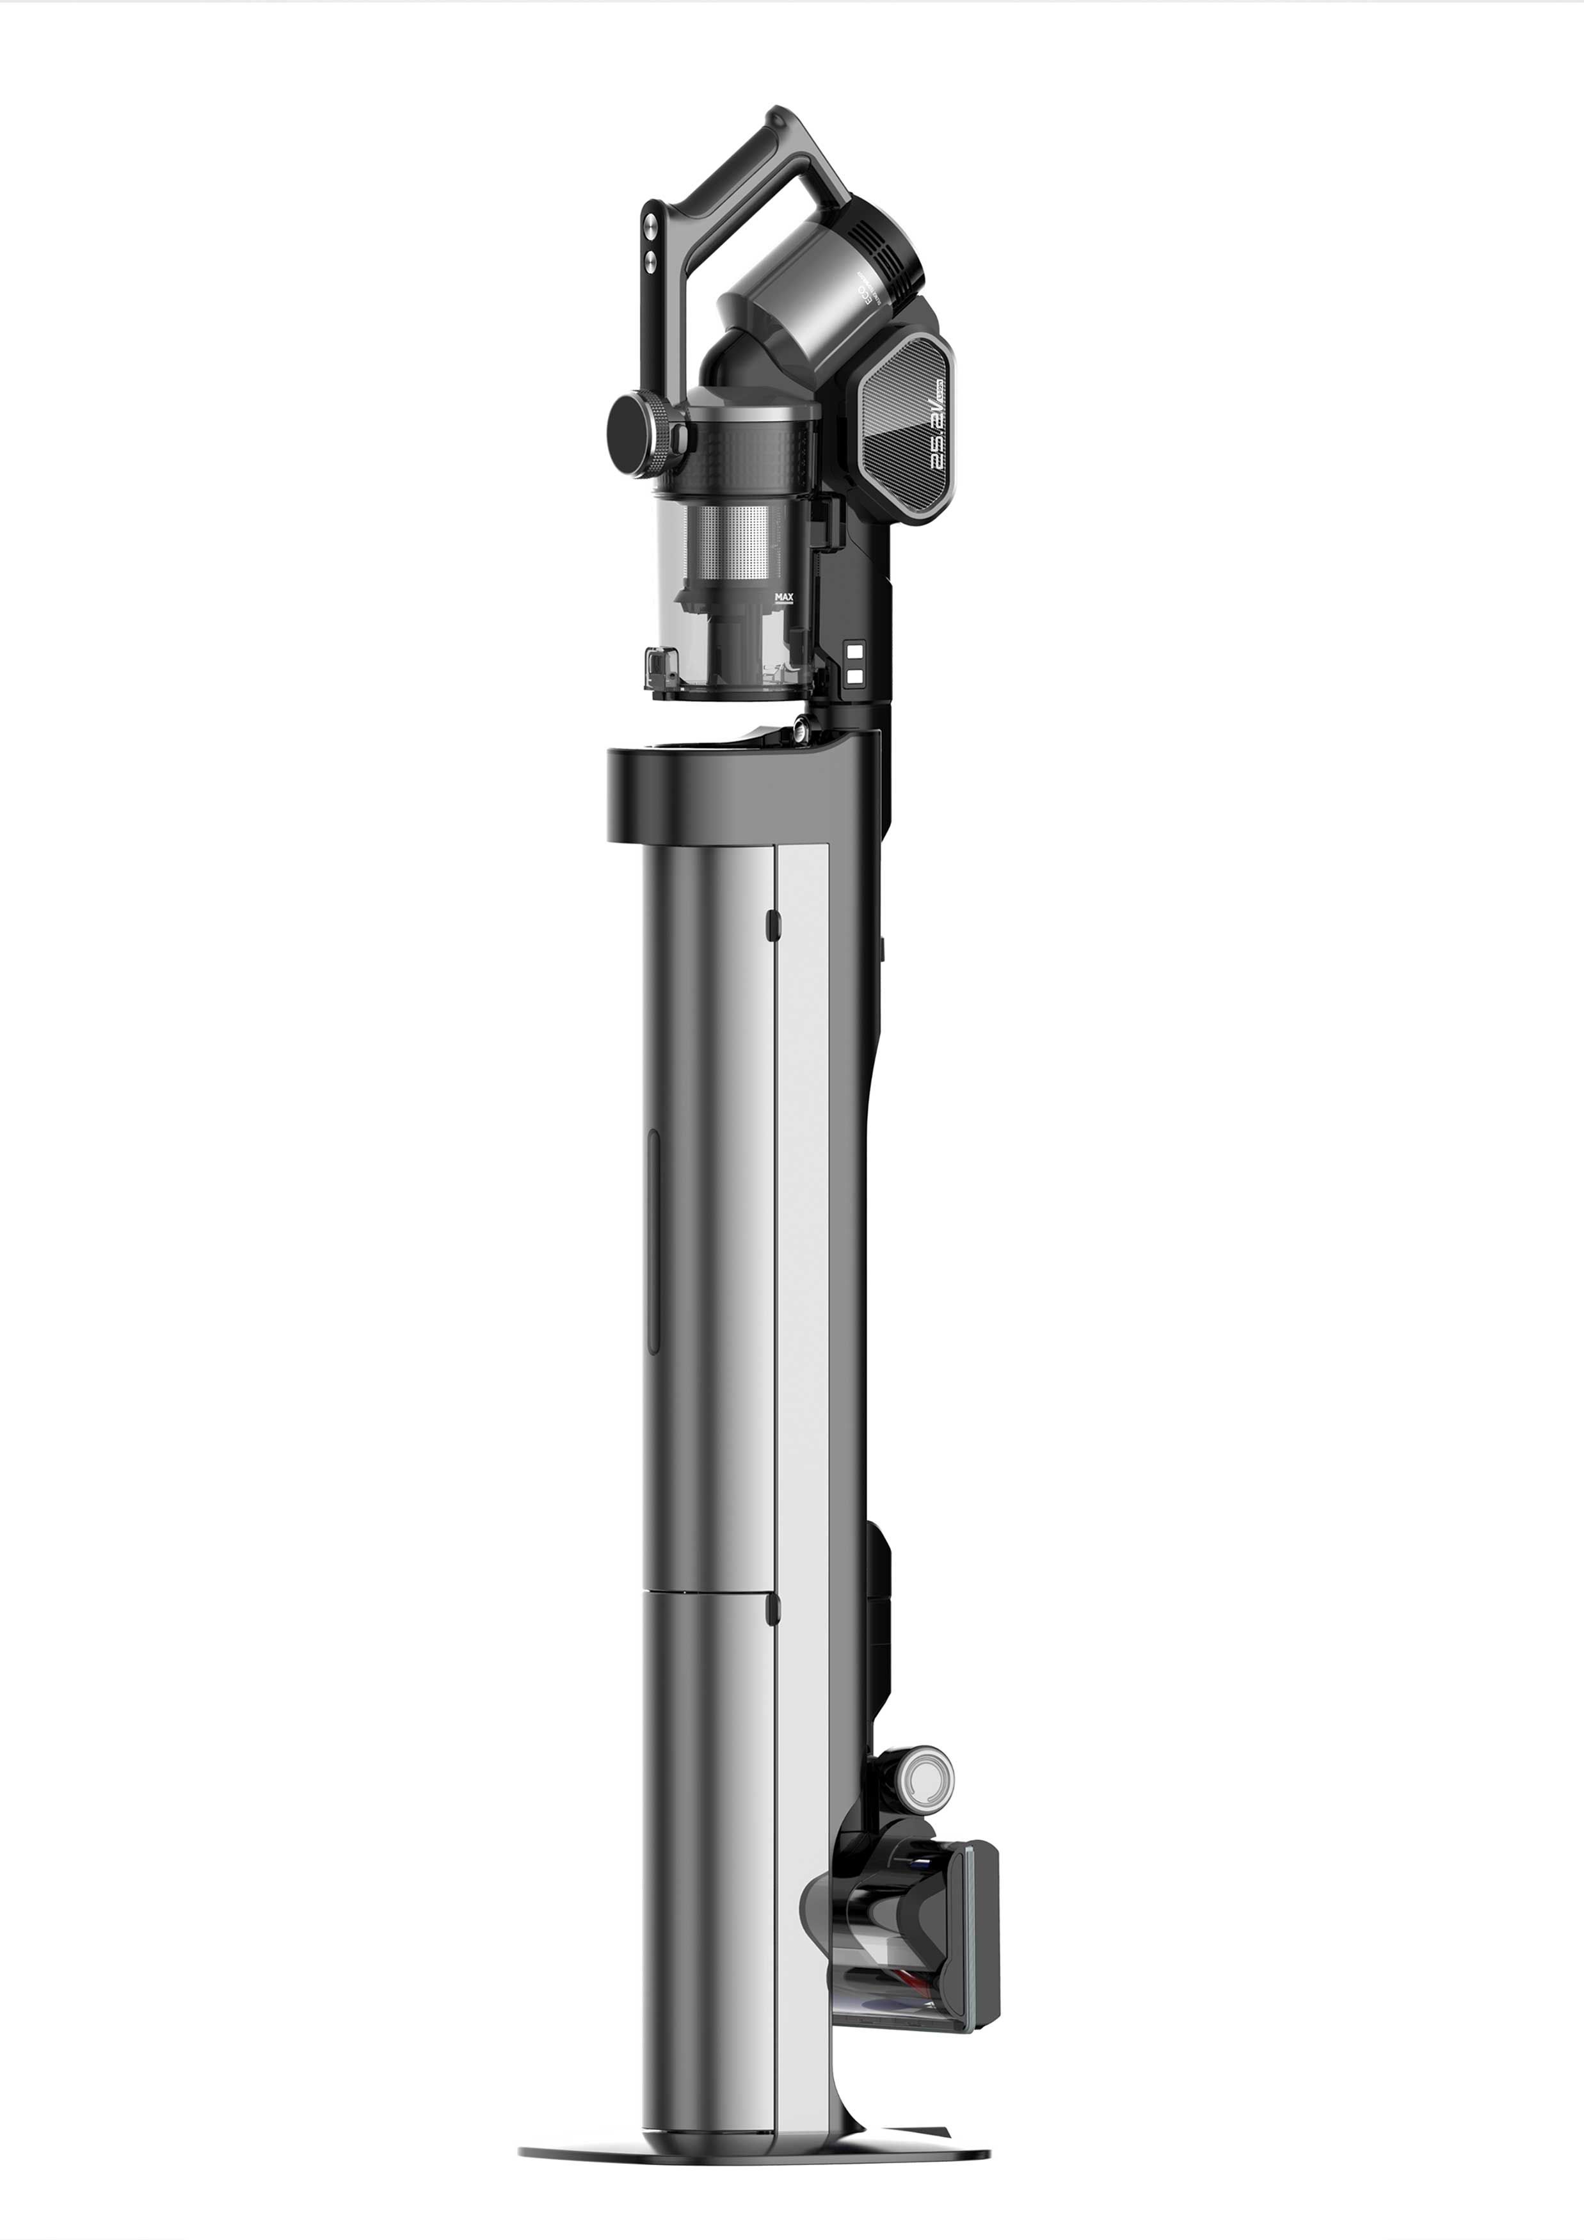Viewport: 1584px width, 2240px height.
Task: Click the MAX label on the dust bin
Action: coord(783,596)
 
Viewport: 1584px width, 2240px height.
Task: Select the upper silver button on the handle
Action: coord(652,223)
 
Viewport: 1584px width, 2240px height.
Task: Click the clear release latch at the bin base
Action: coord(660,671)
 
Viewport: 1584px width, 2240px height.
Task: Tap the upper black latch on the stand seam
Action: coord(772,925)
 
